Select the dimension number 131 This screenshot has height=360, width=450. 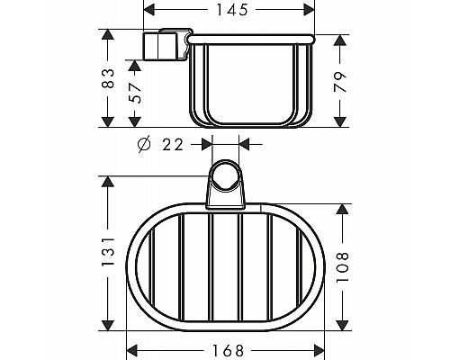coord(110,253)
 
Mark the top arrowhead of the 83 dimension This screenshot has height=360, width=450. coord(110,34)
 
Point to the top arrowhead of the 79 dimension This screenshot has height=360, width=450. coord(340,41)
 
